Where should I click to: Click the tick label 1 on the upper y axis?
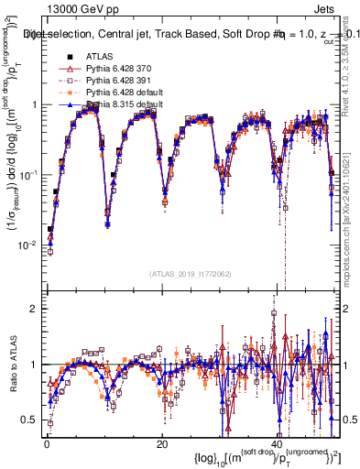pyautogui.click(x=34, y=104)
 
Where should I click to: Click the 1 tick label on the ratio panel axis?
pyautogui.click(x=34, y=365)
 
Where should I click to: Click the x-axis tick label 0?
pyautogui.click(x=47, y=444)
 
